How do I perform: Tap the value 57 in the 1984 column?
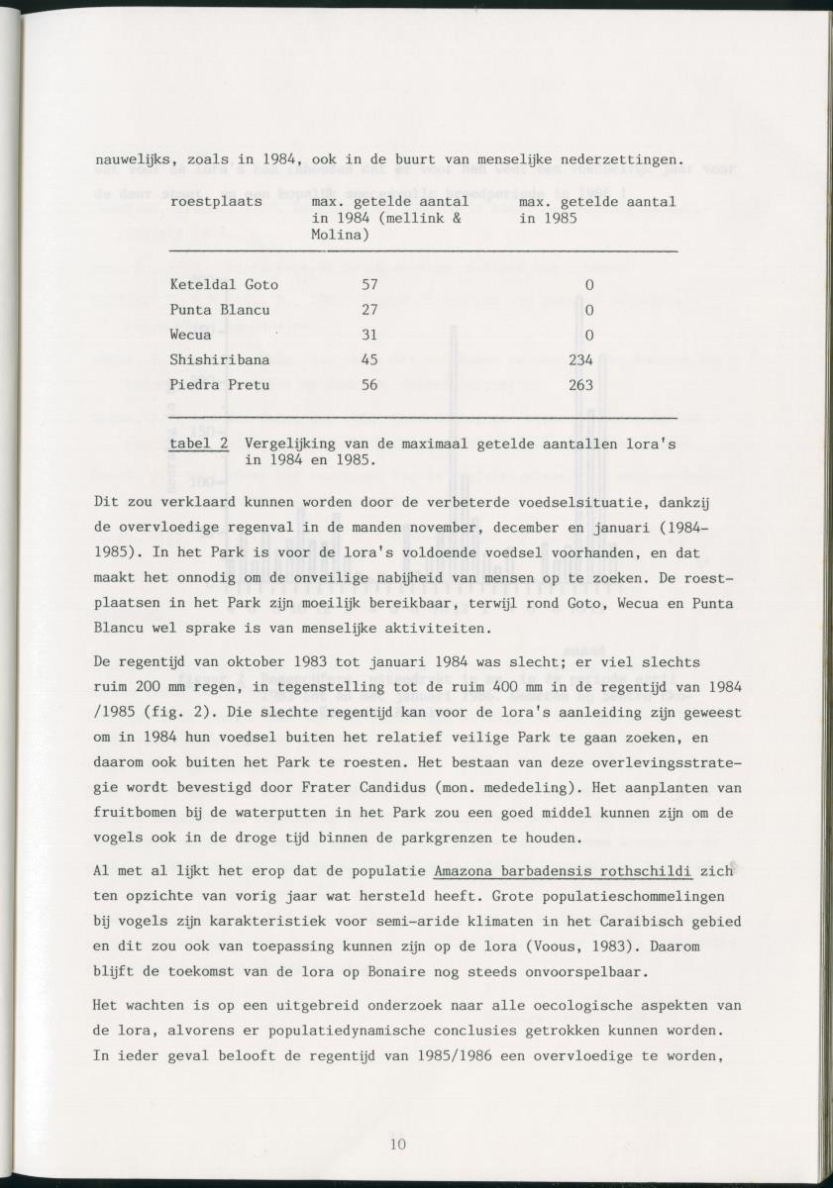pyautogui.click(x=368, y=285)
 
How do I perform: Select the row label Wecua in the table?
pyautogui.click(x=190, y=335)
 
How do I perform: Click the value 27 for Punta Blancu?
pyautogui.click(x=368, y=310)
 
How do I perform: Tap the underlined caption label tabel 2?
pyautogui.click(x=199, y=445)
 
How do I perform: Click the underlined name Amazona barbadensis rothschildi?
pyautogui.click(x=563, y=871)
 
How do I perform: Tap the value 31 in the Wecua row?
pyautogui.click(x=368, y=335)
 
